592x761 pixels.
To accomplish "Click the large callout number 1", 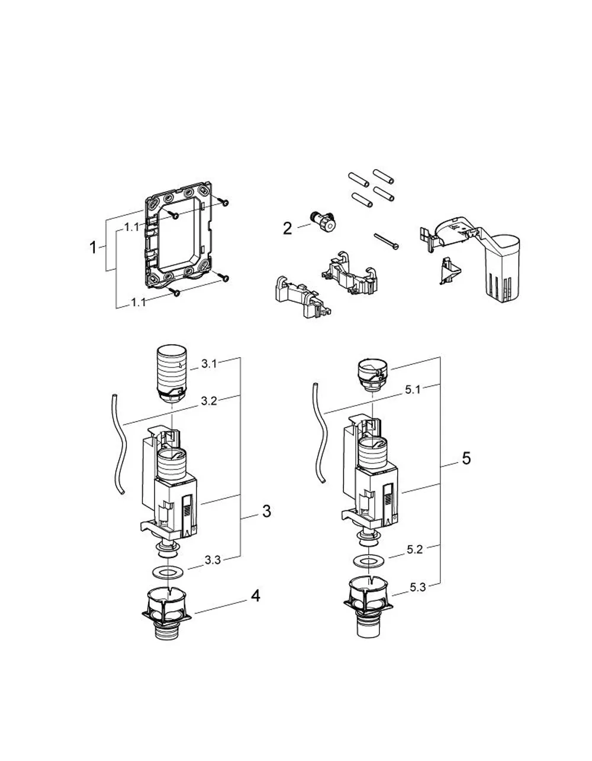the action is click(93, 248).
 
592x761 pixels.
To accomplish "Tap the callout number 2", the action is click(287, 229).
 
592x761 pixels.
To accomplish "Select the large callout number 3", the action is click(267, 511).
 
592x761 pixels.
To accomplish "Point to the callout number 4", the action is click(256, 596).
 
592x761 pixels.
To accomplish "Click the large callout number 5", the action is click(466, 458).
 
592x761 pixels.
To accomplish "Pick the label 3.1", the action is click(209, 364).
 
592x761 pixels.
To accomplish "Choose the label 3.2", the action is click(209, 401).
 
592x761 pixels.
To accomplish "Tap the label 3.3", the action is click(213, 561).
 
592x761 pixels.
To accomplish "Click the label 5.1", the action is click(413, 390).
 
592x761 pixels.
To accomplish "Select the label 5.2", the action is click(414, 550).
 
